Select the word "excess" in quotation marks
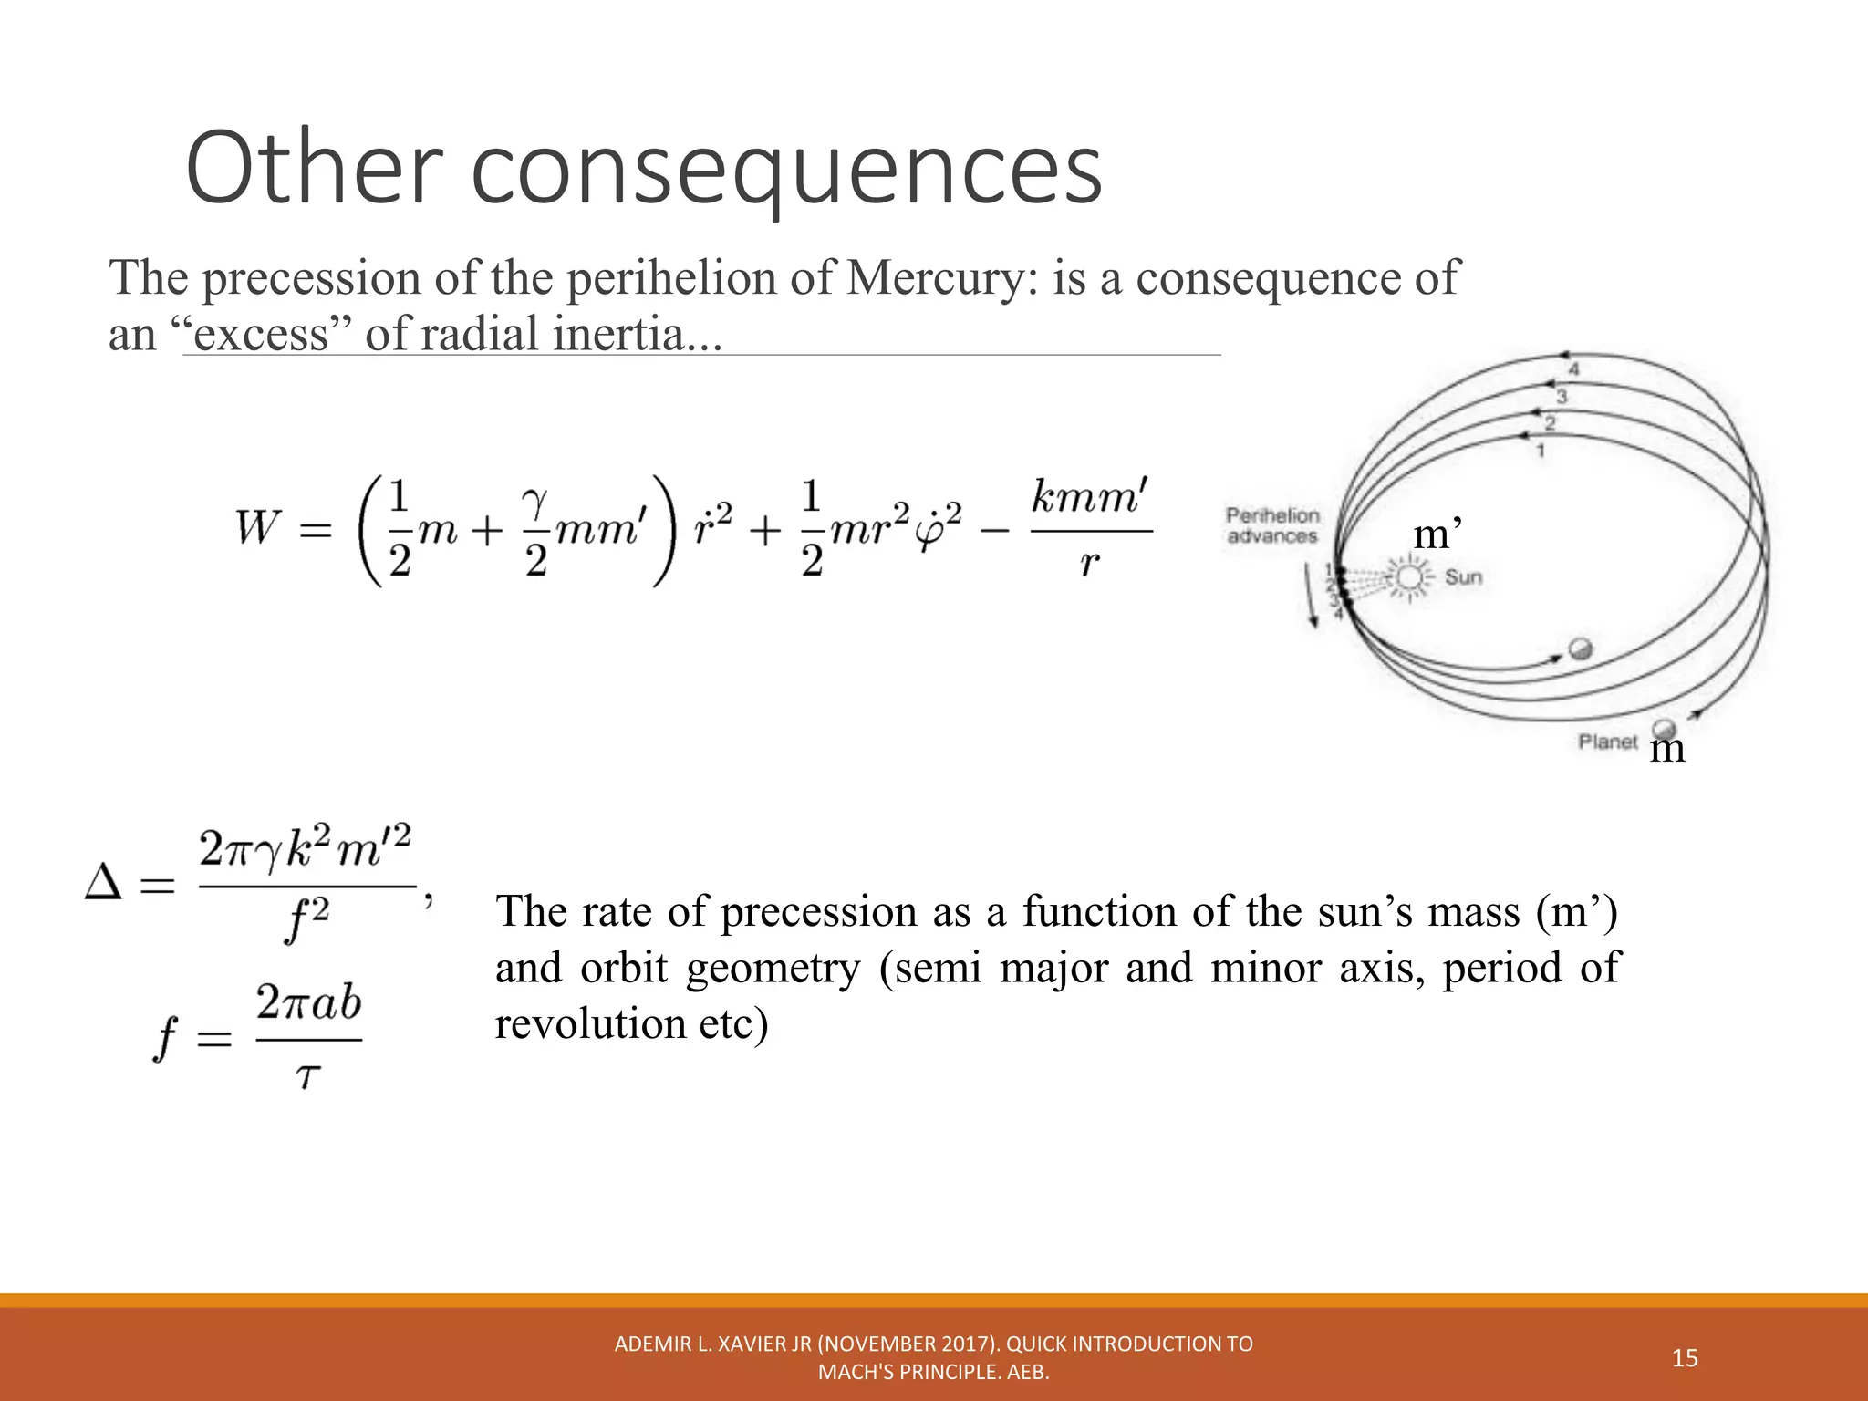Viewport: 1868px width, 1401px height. [x=260, y=334]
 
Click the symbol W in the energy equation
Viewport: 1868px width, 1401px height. [x=257, y=527]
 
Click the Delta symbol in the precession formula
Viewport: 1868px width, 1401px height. [x=103, y=883]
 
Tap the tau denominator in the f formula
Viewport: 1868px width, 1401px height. [x=308, y=1077]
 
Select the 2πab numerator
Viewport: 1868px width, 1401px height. [x=308, y=1003]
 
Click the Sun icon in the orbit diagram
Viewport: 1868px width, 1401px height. [x=1409, y=577]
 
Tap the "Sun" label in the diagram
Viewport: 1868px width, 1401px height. [x=1464, y=577]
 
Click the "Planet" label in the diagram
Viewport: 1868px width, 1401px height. [x=1608, y=742]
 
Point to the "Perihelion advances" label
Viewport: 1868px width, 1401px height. [x=1272, y=526]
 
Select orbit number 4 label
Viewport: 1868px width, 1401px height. [x=1573, y=369]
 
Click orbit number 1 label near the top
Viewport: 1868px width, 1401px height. [x=1541, y=451]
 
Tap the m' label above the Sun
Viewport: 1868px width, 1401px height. [x=1437, y=534]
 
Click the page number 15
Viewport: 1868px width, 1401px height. [x=1685, y=1358]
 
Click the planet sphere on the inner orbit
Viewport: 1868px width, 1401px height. [x=1581, y=649]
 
